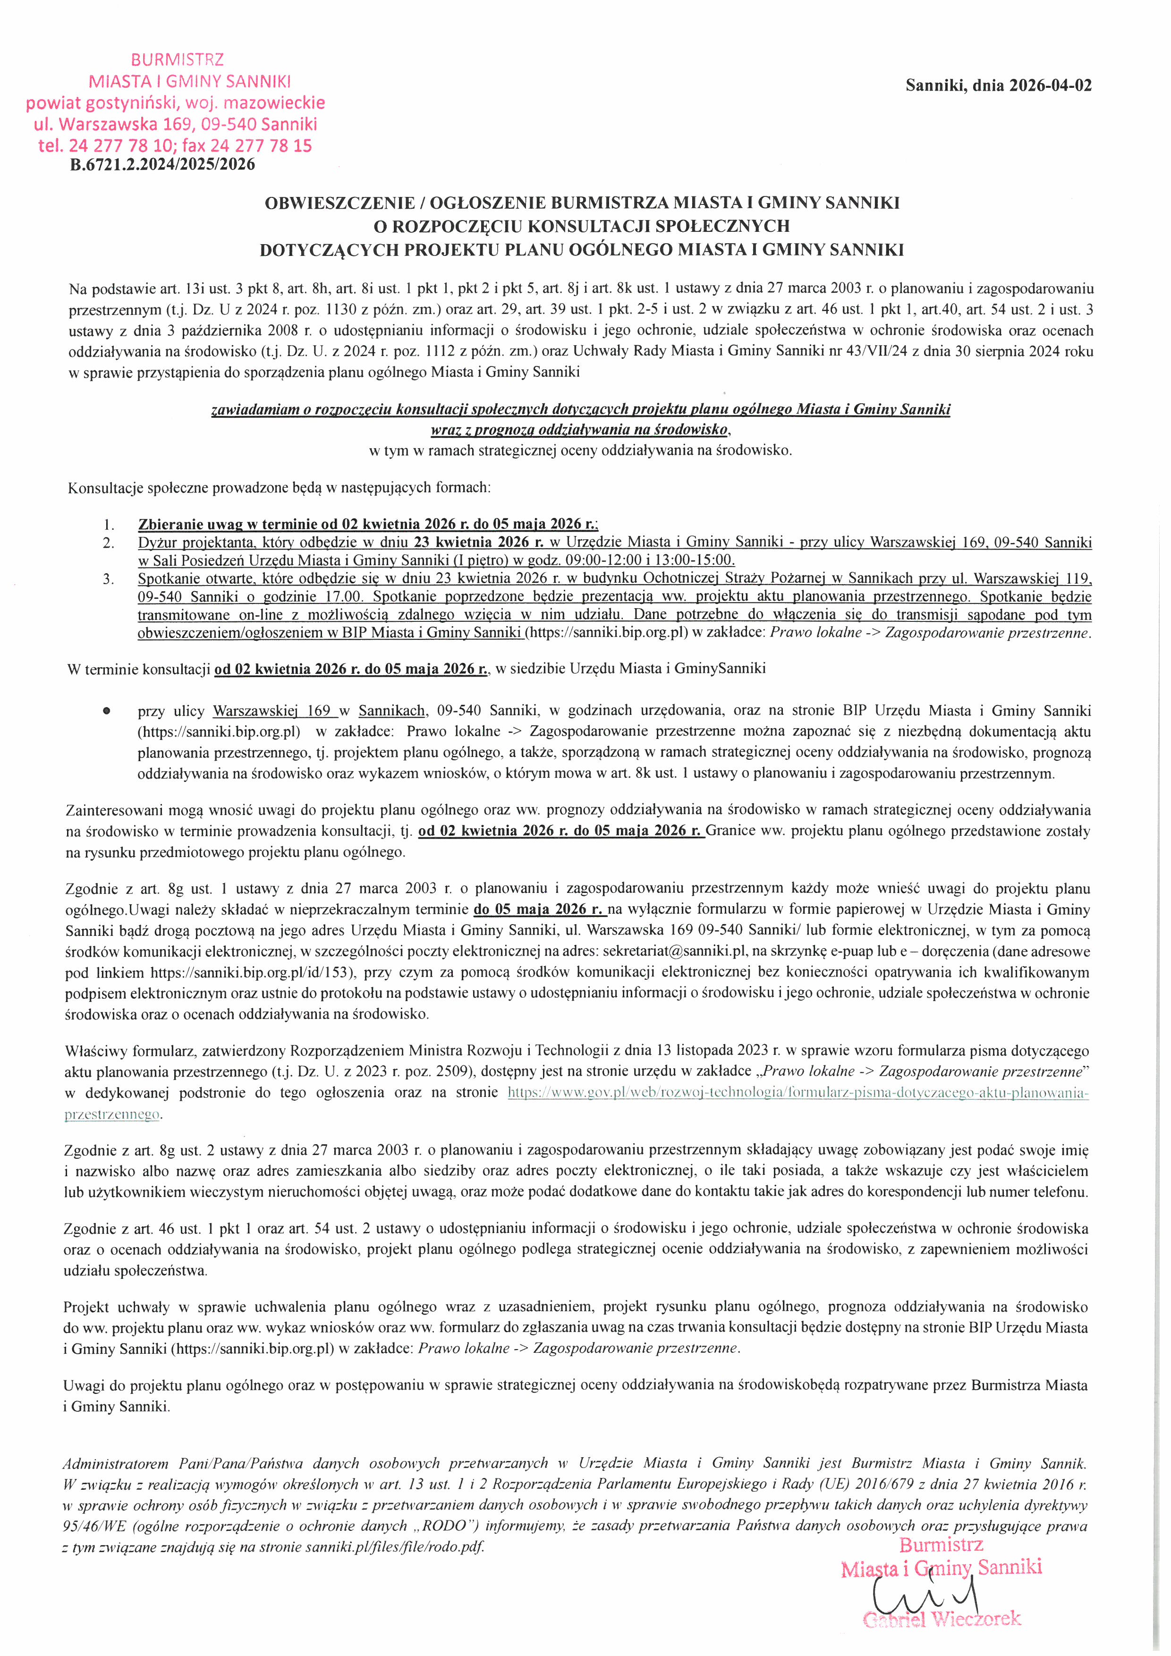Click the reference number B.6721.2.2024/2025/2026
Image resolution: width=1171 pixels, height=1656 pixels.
162,164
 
